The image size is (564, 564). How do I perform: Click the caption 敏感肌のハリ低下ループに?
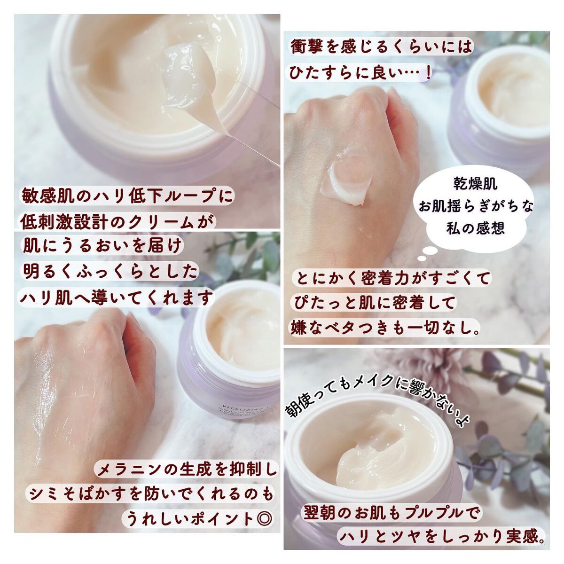[127, 196]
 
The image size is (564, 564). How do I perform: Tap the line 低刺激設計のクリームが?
[117, 222]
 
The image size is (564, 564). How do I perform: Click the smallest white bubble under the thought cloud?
[422, 258]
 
